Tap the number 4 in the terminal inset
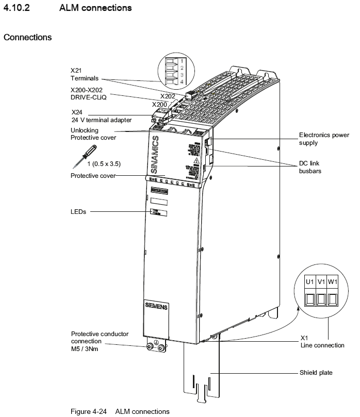182,82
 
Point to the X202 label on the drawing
168,96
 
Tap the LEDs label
78,211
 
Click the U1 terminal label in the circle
309,282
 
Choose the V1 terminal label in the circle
322,282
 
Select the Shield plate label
317,372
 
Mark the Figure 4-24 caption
120,411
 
